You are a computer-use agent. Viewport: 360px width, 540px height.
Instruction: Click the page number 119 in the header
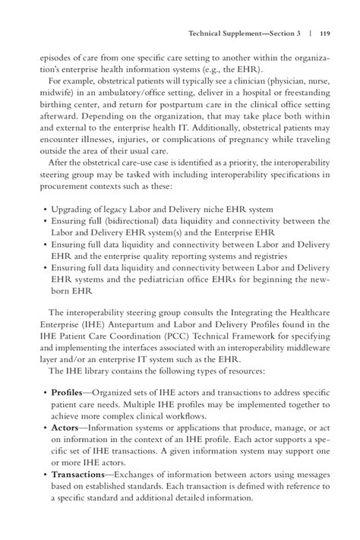coord(324,33)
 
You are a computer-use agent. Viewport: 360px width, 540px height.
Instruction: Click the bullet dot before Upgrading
coord(46,208)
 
